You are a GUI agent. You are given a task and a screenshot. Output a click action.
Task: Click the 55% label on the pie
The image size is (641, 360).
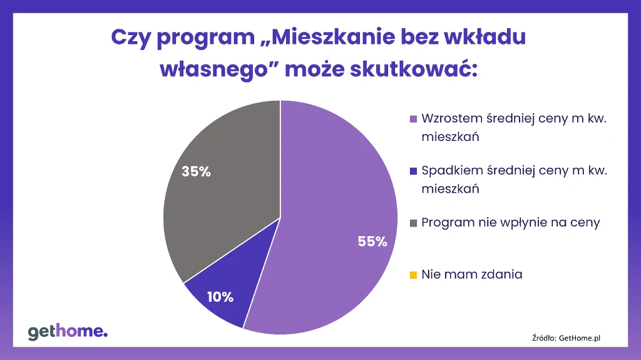click(372, 242)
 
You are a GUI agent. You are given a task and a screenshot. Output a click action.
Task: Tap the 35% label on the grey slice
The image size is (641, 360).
click(196, 172)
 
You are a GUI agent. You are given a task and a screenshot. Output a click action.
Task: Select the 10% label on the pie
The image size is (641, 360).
click(220, 297)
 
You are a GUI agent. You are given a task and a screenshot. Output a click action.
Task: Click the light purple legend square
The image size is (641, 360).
click(413, 119)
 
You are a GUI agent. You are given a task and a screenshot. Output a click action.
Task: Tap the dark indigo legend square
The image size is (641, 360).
click(413, 171)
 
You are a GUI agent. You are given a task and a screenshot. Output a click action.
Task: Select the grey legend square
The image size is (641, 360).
click(413, 223)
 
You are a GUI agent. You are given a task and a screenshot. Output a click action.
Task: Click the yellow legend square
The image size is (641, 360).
click(413, 275)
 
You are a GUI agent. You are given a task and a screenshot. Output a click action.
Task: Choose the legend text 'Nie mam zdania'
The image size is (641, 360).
click(471, 274)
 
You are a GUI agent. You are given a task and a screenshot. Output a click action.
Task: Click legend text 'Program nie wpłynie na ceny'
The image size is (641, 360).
click(511, 223)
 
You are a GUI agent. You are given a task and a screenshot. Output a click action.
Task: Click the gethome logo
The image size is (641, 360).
click(68, 331)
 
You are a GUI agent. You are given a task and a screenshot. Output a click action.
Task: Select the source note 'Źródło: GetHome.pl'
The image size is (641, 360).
click(566, 337)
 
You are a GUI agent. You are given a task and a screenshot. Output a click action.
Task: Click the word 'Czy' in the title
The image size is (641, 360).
click(130, 37)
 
